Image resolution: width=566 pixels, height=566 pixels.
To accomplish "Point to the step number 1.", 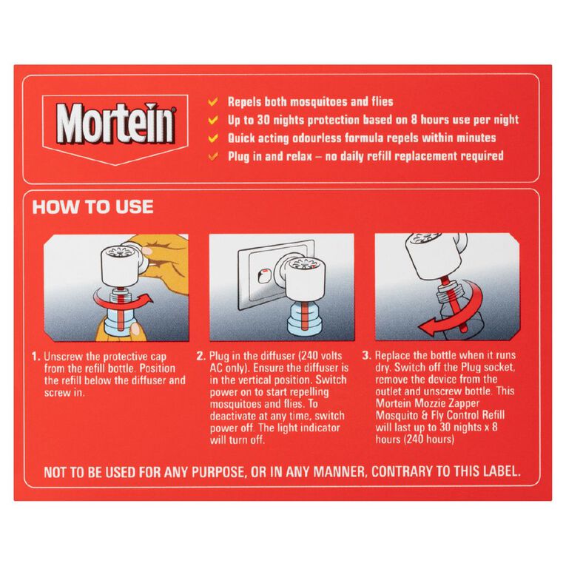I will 35,357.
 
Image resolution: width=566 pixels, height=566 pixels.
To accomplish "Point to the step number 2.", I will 201,357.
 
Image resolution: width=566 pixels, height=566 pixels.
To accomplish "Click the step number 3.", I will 366,357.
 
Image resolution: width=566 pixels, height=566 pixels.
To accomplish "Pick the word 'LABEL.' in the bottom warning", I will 497,471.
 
